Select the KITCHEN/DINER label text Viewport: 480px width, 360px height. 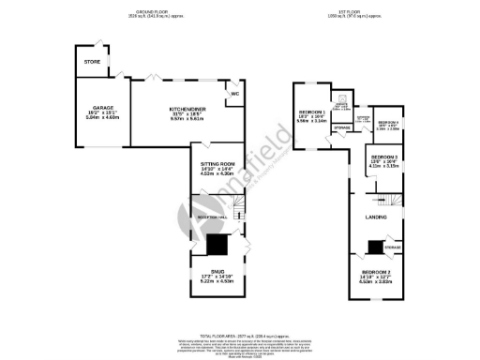pos(188,108)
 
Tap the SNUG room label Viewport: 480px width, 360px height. pos(217,271)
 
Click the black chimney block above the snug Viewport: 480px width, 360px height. pos(217,245)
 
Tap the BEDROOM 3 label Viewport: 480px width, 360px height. pos(385,157)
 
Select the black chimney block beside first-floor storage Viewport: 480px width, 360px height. pos(374,247)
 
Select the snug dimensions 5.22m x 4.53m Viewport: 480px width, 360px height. pos(217,282)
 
